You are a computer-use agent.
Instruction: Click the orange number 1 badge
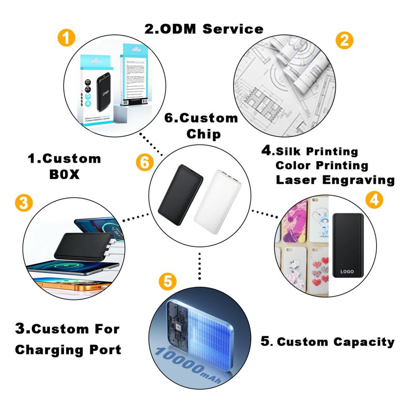[66, 39]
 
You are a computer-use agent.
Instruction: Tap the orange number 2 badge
[344, 40]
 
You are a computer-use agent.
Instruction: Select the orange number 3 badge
[23, 204]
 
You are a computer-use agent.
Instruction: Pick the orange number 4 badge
[374, 200]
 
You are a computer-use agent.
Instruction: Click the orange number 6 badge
[144, 163]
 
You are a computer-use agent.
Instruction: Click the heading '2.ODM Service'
[204, 29]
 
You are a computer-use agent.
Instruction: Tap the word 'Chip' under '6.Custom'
[204, 134]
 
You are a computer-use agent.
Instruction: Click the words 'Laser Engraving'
[335, 180]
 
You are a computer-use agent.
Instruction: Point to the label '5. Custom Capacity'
[327, 342]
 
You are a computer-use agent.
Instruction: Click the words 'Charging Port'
[68, 349]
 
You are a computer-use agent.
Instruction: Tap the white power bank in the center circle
[217, 201]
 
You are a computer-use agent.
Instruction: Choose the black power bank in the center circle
[180, 195]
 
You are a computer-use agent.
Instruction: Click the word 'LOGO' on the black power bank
[347, 271]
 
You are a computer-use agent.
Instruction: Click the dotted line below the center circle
[200, 265]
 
